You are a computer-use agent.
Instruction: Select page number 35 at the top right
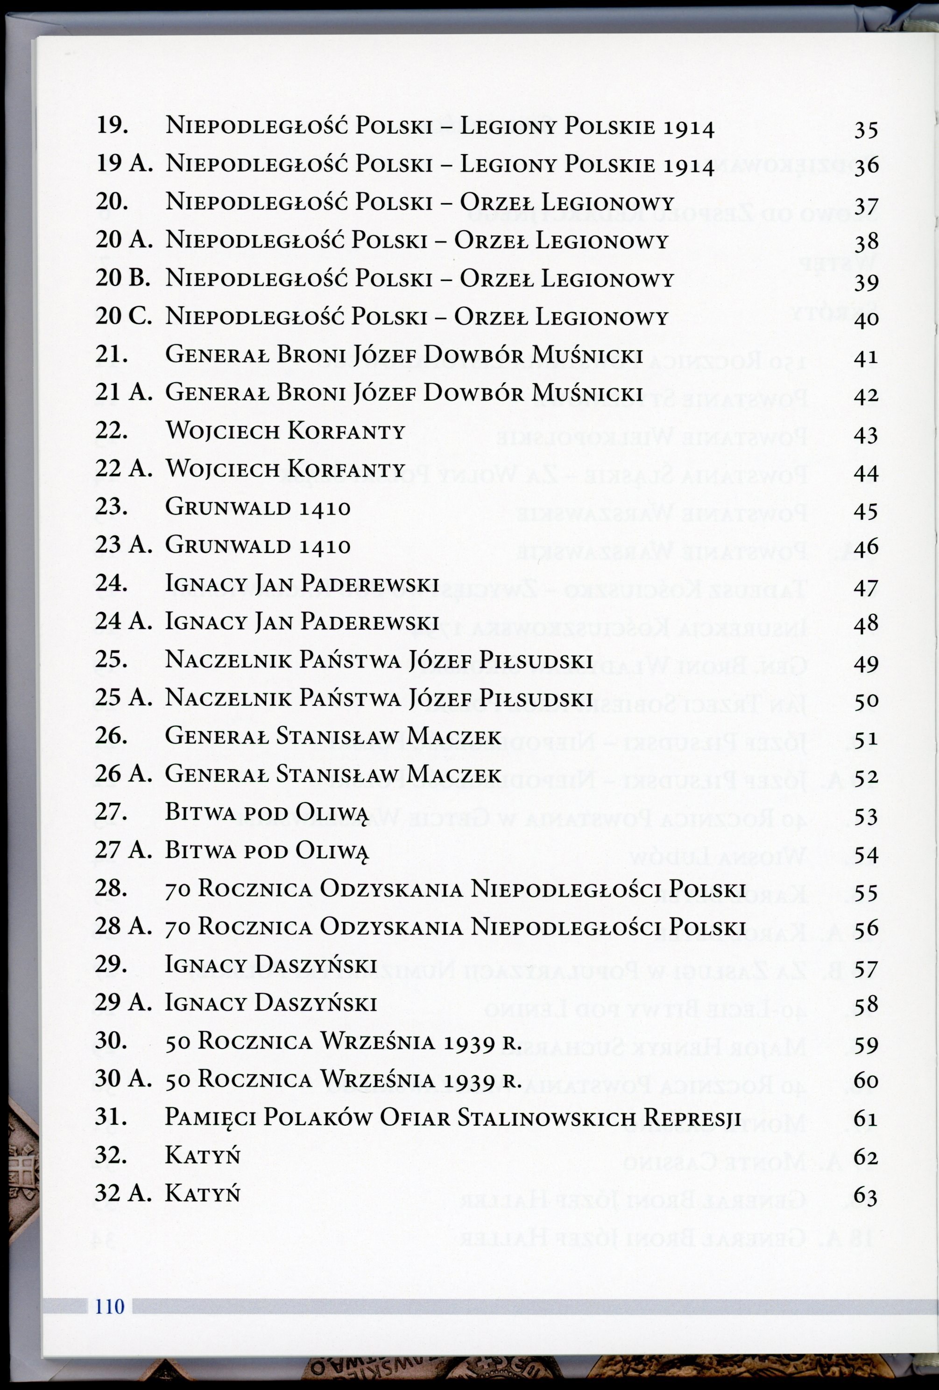[865, 130]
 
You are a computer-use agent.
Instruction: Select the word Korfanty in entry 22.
[347, 431]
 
